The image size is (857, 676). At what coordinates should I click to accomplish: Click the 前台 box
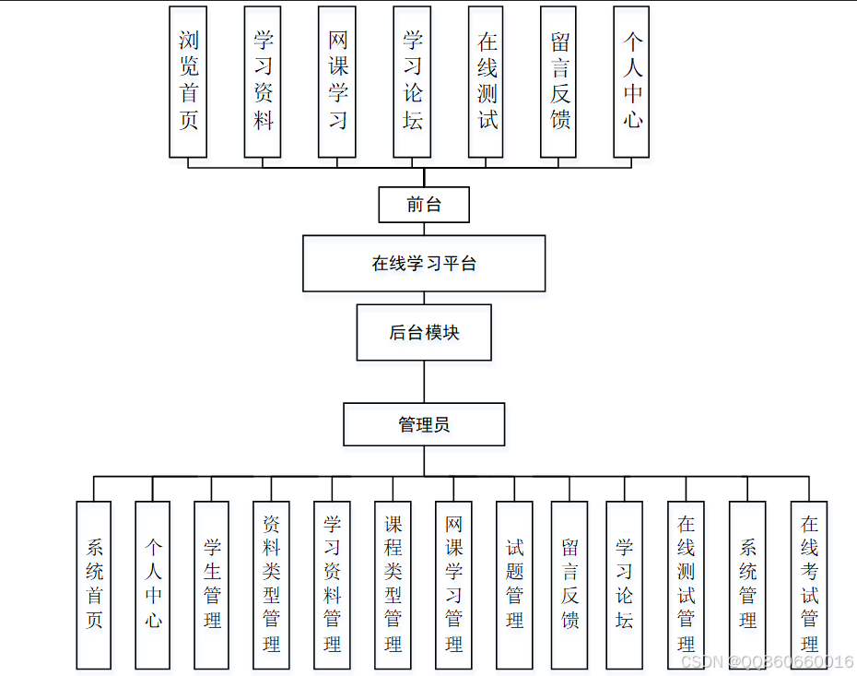click(424, 205)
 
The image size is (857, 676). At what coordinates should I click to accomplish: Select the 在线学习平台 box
click(424, 264)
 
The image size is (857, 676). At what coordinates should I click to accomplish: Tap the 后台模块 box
click(424, 333)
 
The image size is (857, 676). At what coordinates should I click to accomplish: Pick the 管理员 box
click(424, 424)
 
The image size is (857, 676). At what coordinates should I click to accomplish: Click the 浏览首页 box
click(188, 81)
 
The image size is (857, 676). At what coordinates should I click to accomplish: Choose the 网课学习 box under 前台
click(337, 81)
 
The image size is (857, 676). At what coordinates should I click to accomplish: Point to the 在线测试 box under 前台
click(487, 81)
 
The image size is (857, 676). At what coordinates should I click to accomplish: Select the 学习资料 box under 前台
click(263, 81)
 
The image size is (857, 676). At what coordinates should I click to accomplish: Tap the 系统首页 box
click(94, 585)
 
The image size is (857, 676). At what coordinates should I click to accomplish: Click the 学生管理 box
click(212, 585)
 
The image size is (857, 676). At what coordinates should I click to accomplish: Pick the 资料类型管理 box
click(271, 585)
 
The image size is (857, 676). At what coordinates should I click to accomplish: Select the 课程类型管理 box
click(393, 585)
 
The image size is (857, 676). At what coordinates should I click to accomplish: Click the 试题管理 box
click(514, 585)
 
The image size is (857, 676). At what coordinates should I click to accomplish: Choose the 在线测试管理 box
click(686, 585)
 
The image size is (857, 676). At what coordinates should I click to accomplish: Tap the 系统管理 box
click(747, 585)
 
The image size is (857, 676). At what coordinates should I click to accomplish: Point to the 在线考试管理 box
click(809, 585)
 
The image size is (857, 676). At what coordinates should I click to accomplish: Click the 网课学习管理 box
click(453, 585)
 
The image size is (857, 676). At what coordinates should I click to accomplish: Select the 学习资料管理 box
click(332, 585)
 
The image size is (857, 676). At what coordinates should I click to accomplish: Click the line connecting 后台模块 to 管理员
click(424, 381)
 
